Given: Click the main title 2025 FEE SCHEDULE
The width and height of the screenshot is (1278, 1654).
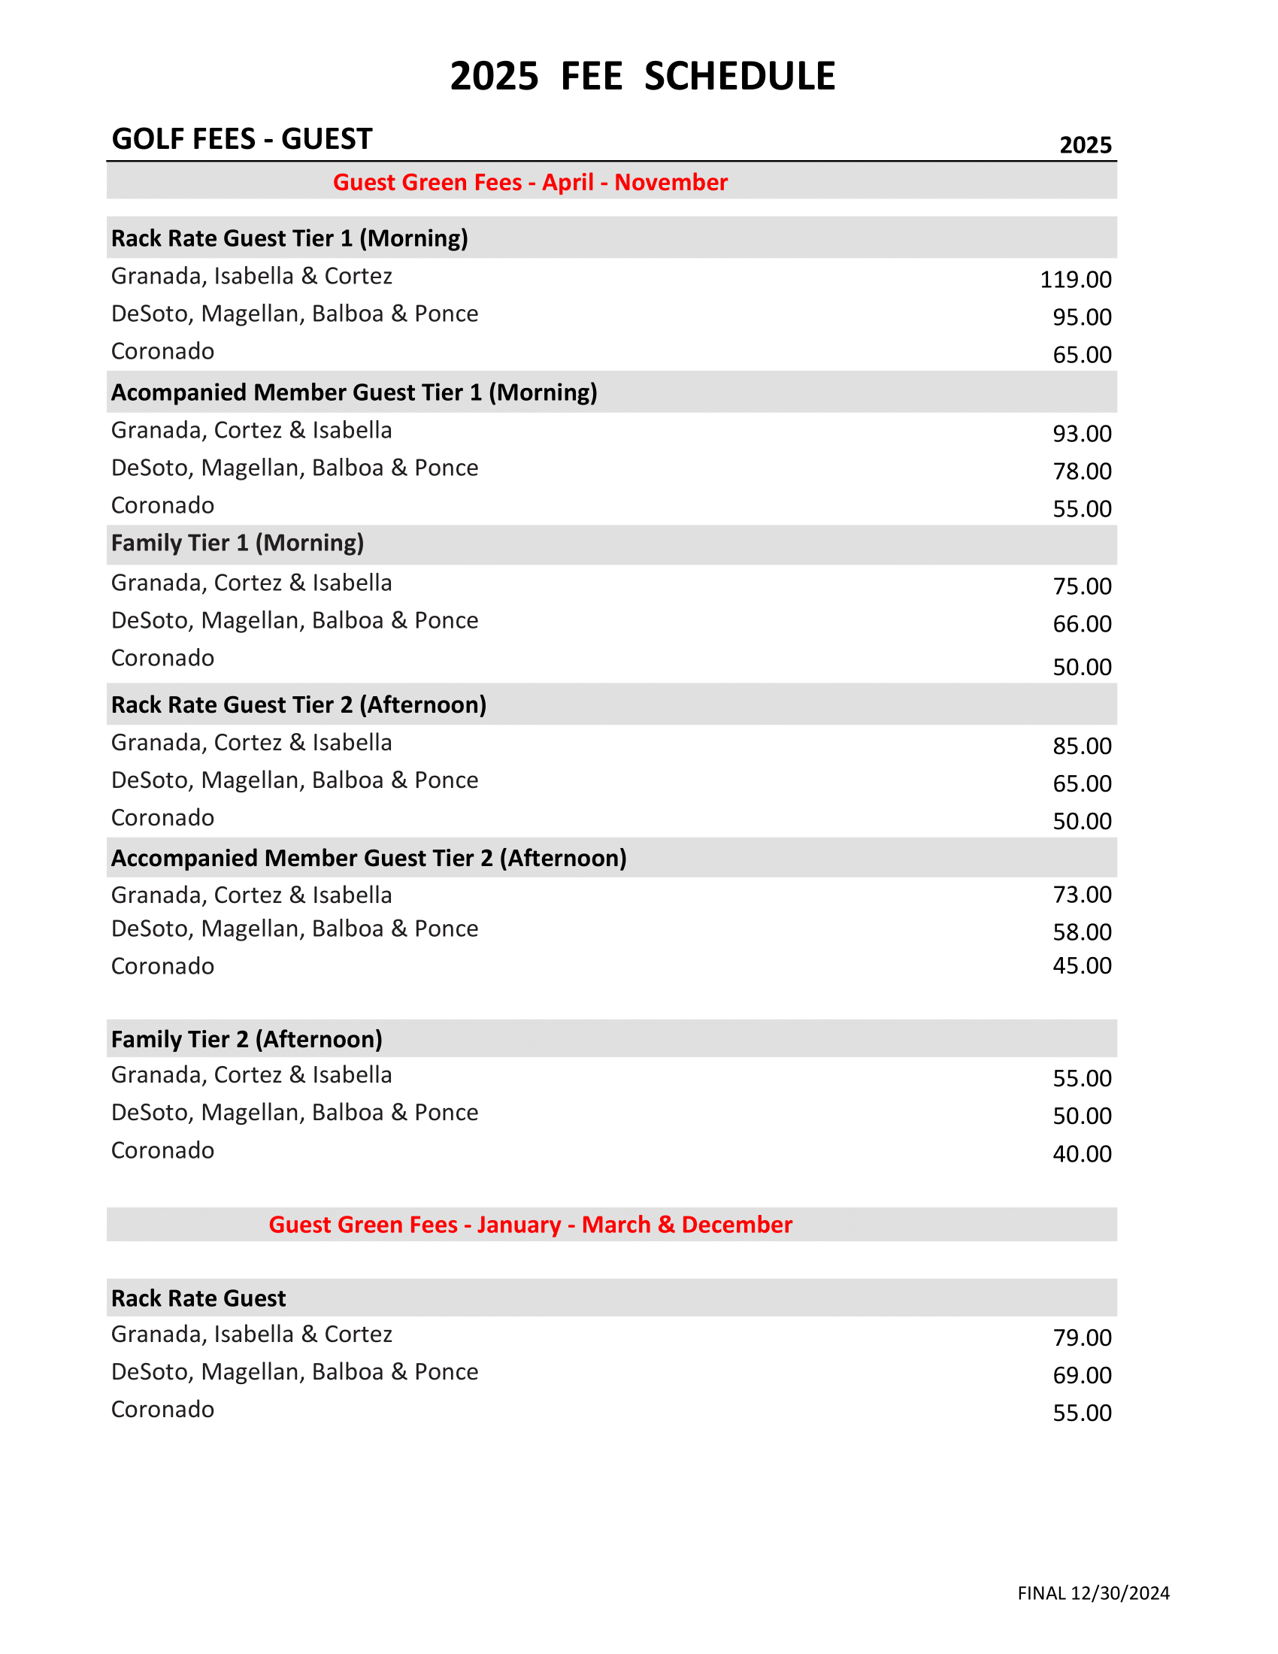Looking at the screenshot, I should pos(642,77).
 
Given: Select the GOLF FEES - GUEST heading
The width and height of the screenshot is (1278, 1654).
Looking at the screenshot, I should pos(241,139).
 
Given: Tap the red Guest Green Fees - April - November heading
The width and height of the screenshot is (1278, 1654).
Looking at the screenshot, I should pos(530,183).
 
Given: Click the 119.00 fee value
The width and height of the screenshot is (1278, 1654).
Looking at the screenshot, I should pos(1075,280).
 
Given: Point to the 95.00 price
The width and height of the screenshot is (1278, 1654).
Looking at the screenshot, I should pos(1082,317).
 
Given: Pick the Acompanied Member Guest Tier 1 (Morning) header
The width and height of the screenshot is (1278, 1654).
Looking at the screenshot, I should pos(354,392).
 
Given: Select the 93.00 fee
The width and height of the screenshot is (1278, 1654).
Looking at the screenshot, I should pos(1082,434).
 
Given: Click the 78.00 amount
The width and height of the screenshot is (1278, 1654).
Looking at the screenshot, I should pos(1082,471).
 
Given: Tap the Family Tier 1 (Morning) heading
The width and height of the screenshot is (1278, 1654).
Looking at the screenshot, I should pos(238,543).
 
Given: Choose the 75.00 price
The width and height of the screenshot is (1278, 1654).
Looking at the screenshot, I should pos(1082,586).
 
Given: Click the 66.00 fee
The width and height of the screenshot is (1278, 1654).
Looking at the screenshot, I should pos(1082,624).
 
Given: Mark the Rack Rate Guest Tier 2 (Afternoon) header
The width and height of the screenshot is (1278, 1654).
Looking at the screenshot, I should pos(299,705).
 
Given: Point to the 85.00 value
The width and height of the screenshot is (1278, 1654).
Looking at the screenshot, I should pos(1082,746).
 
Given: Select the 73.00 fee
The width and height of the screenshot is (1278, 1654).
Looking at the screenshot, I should pos(1082,895).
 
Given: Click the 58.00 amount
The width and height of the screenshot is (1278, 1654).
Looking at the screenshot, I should pos(1082,932).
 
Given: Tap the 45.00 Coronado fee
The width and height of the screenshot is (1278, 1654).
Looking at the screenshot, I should pos(1082,965).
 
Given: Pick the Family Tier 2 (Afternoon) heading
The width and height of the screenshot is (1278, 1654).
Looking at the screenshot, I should pos(247,1039).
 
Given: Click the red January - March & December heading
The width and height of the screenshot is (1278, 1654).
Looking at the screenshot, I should pos(530,1225).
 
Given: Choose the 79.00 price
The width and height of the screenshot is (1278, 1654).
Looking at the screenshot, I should pos(1082,1337).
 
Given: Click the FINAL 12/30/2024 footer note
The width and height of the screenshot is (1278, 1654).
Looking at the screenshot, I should pos(1093,1593).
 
